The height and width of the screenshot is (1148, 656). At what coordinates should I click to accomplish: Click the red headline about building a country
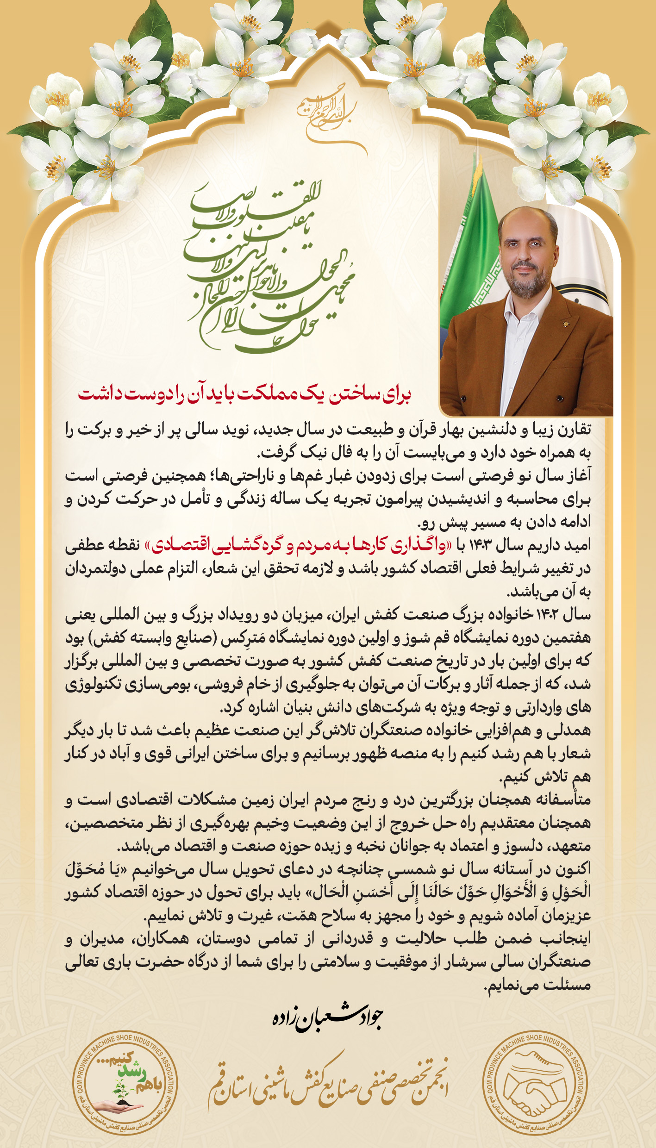point(244,394)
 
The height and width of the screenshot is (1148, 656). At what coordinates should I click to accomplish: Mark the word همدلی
point(575,731)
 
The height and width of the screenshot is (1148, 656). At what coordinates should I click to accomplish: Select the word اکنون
point(573,870)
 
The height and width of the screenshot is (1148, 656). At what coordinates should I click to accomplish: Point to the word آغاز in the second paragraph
point(579,476)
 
